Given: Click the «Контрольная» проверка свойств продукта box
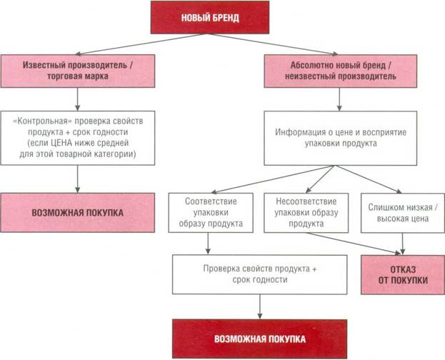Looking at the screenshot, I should [77, 138].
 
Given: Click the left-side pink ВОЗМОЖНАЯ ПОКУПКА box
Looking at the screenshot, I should [77, 213].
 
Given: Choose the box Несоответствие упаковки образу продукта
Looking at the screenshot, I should [301, 213].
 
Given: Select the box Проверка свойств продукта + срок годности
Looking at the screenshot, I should [259, 274].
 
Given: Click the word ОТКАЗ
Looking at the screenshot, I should [403, 269].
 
